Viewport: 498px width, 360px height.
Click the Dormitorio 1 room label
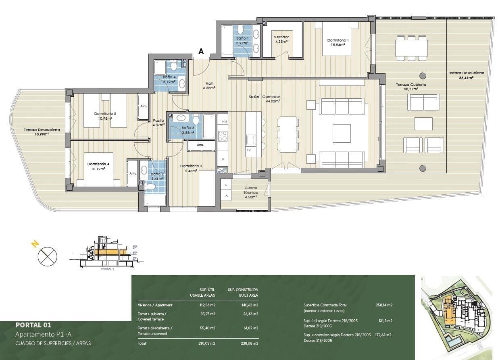tap(338, 40)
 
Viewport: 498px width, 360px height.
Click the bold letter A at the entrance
tap(201, 52)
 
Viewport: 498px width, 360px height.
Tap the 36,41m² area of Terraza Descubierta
tap(466, 78)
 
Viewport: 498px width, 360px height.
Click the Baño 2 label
tap(157, 174)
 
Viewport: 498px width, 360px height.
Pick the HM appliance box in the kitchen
tap(225, 121)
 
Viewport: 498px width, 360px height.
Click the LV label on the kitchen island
tap(248, 150)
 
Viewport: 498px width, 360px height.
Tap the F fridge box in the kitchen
tap(223, 160)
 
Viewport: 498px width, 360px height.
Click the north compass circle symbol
tap(47, 256)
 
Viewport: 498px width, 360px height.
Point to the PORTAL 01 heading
tap(33, 325)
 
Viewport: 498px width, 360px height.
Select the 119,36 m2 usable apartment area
tap(207, 305)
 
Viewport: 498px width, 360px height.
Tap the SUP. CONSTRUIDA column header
tap(243, 289)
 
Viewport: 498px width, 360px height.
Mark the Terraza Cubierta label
tap(411, 85)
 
